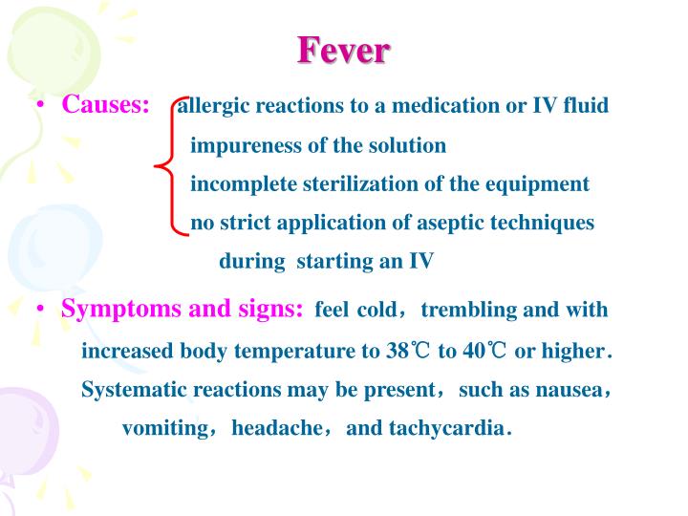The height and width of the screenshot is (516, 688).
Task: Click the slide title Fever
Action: [x=343, y=50]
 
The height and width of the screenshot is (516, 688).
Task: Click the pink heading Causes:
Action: [x=105, y=104]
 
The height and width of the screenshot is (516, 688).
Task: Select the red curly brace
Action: [x=170, y=166]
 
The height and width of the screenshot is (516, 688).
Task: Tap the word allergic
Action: [x=213, y=105]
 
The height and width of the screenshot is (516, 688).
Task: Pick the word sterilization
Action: [x=355, y=183]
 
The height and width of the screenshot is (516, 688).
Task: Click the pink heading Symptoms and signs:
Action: [x=183, y=309]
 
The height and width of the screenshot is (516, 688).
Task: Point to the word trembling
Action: [x=464, y=310]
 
